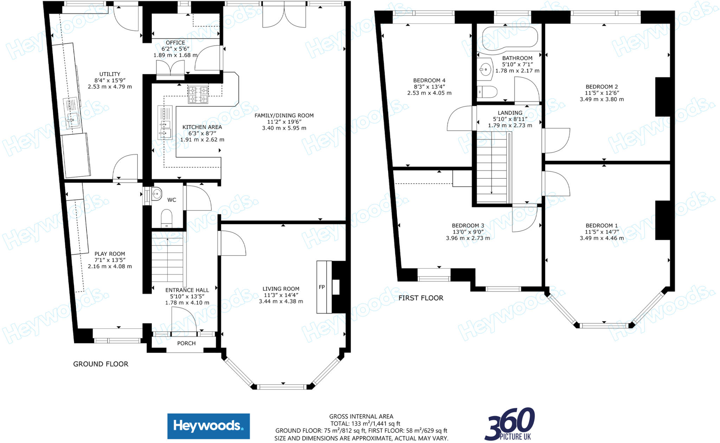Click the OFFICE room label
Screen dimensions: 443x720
click(x=175, y=43)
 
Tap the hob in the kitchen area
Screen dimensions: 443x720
click(x=198, y=95)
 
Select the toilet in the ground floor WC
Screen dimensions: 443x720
click(x=167, y=218)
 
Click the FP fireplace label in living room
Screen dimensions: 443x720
click(x=321, y=287)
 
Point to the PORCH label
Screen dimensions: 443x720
click(x=186, y=343)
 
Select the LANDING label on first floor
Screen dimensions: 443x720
click(x=510, y=113)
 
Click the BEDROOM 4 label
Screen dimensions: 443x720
click(x=429, y=80)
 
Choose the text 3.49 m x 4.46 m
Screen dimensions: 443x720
click(x=602, y=238)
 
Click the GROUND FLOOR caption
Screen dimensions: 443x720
click(x=101, y=364)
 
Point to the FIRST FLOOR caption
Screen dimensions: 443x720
click(x=420, y=298)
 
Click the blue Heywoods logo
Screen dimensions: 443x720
click(x=208, y=426)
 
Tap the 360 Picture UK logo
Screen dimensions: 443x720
click(x=509, y=424)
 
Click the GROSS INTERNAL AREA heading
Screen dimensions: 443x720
click(x=361, y=416)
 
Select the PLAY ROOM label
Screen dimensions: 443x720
click(x=110, y=254)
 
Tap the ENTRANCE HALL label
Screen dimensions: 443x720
click(x=187, y=290)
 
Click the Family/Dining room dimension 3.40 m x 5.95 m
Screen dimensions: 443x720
click(x=284, y=128)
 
